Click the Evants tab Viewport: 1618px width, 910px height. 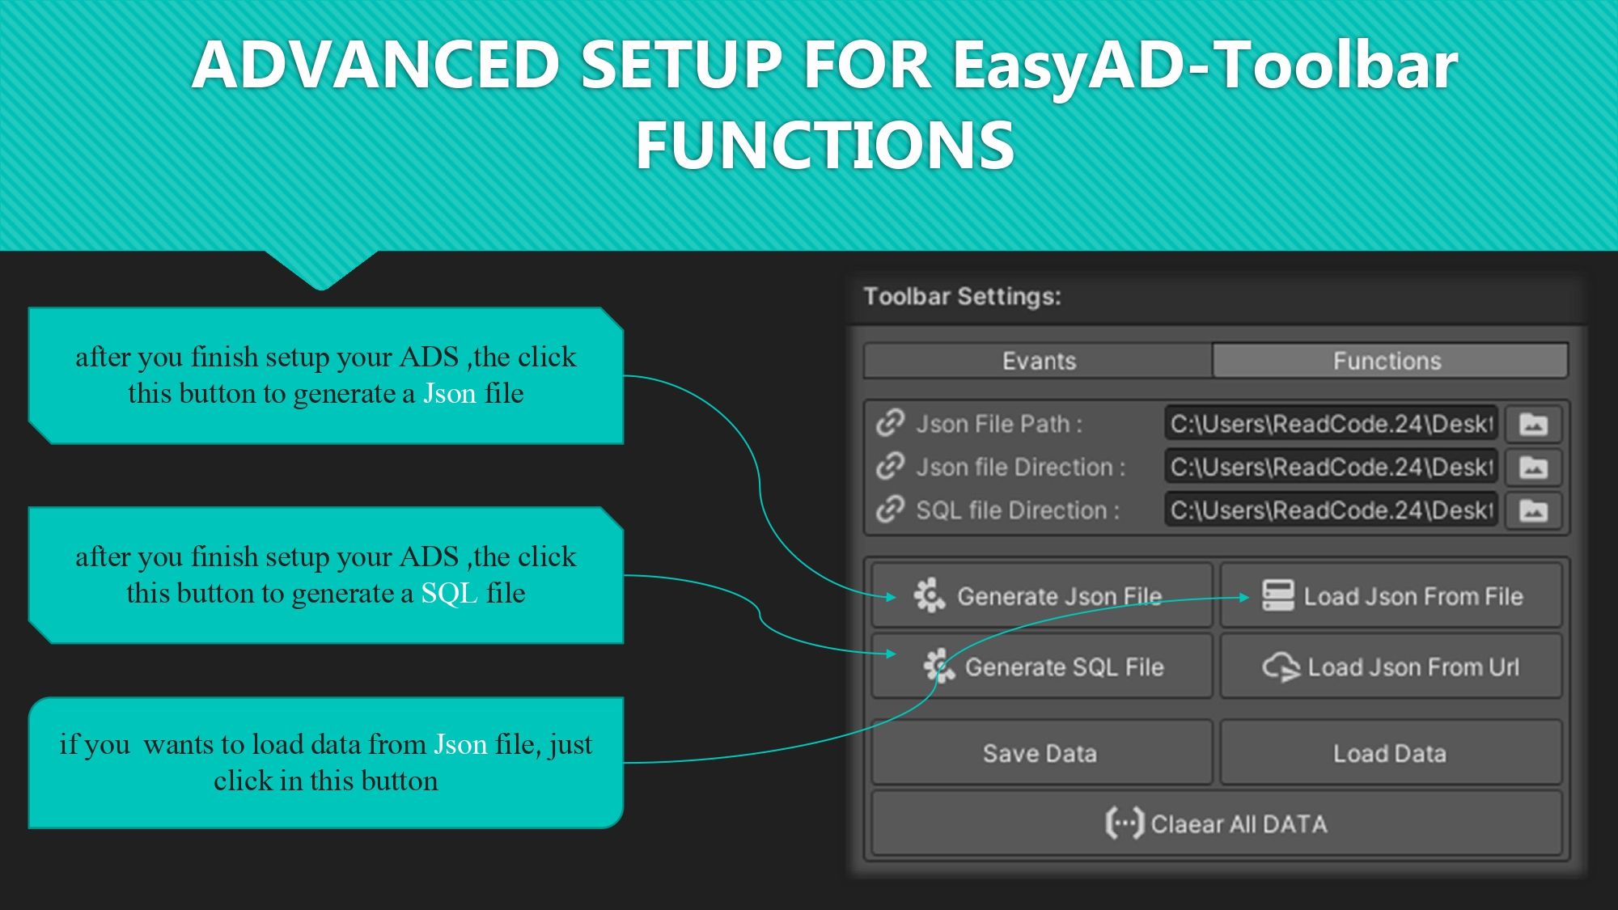click(1038, 361)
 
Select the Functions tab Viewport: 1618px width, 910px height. click(1388, 361)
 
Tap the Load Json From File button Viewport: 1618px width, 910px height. click(1391, 596)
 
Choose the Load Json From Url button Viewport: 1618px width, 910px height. click(1391, 667)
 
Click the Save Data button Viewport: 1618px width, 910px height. click(1041, 753)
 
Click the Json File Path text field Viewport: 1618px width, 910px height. click(1331, 424)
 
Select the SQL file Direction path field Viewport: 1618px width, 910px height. click(1331, 510)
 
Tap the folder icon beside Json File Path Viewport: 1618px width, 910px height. click(1533, 424)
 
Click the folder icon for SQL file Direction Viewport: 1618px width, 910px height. click(1533, 510)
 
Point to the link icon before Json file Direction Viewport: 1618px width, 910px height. click(890, 467)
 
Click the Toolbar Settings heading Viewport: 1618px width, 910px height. click(962, 296)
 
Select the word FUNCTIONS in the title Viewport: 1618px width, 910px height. click(824, 146)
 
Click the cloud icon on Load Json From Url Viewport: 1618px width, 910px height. click(1281, 667)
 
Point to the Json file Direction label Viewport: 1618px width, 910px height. click(1020, 467)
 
